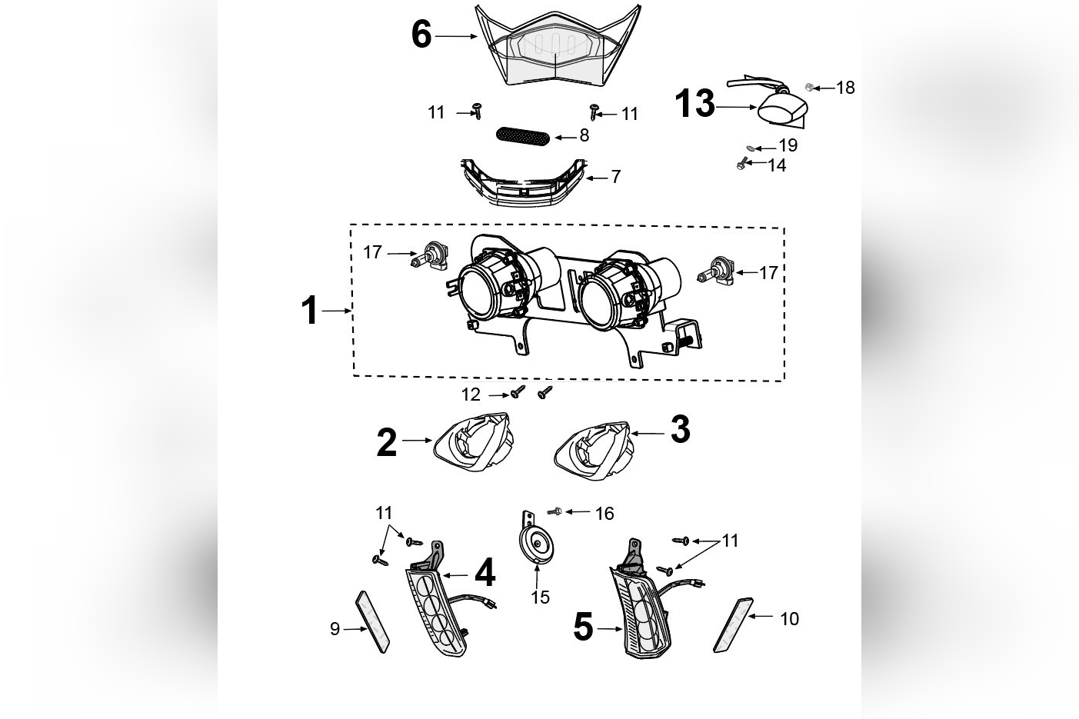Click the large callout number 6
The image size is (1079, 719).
(x=421, y=35)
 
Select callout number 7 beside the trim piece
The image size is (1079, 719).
(x=615, y=177)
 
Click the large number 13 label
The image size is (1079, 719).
(x=694, y=104)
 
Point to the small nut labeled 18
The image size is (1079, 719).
(x=810, y=87)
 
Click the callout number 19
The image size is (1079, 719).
(x=788, y=145)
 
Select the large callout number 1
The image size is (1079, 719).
(x=310, y=311)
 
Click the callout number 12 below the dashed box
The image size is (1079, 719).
(x=471, y=394)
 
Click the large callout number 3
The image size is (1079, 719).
(x=680, y=430)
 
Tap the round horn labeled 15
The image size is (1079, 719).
(x=536, y=544)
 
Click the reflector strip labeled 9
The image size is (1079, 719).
(x=373, y=621)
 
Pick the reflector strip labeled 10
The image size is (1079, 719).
(x=731, y=623)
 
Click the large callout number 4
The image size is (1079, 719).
(x=485, y=573)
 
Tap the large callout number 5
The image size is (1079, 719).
(x=584, y=627)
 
